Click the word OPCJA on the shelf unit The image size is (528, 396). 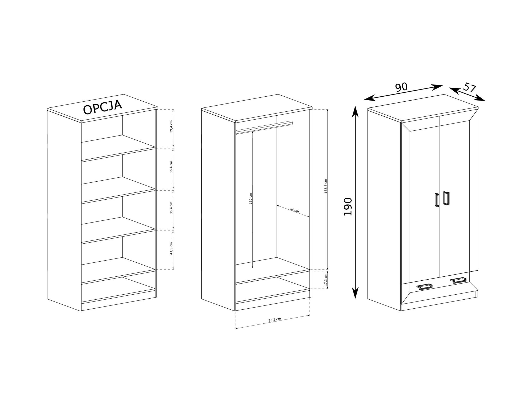click(102, 107)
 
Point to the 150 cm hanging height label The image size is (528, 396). click(251, 198)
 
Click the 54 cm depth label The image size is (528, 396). click(294, 210)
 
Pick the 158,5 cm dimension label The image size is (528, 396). click(326, 186)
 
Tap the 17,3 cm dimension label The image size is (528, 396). click(326, 280)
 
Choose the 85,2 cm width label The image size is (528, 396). click(275, 319)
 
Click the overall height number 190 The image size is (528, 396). click(348, 206)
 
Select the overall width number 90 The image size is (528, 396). click(401, 87)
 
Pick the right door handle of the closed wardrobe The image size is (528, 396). click(446, 198)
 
